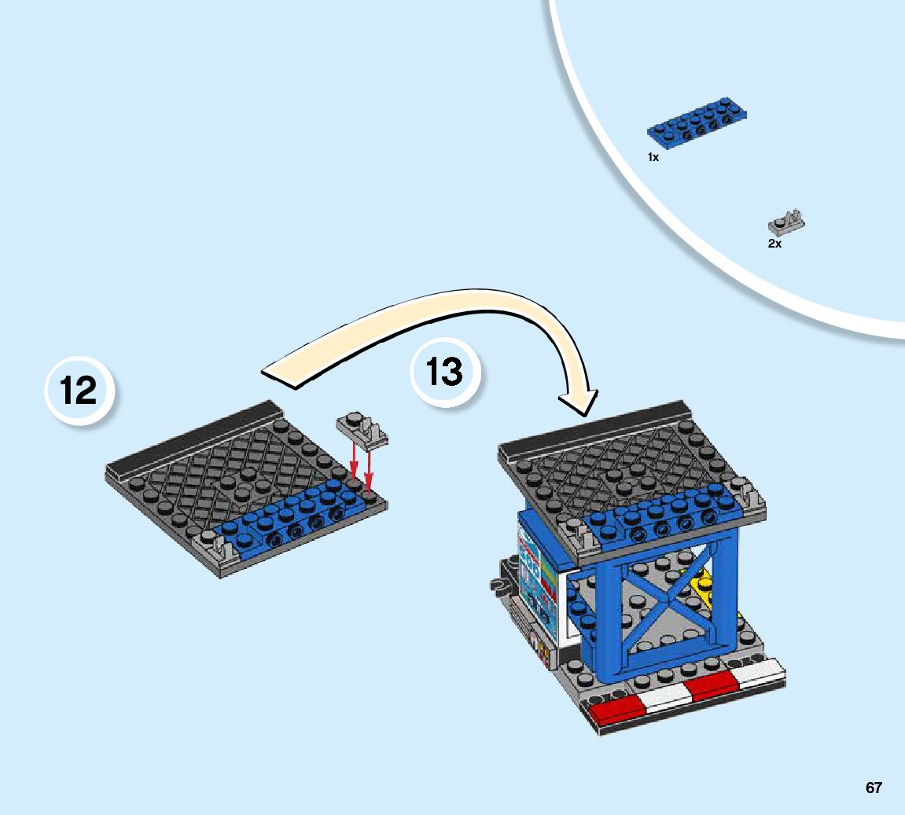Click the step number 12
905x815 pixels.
click(79, 391)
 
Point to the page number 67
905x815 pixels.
click(874, 787)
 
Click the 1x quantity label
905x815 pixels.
click(653, 157)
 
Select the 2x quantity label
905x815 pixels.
click(774, 244)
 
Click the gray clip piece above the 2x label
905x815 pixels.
click(786, 224)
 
